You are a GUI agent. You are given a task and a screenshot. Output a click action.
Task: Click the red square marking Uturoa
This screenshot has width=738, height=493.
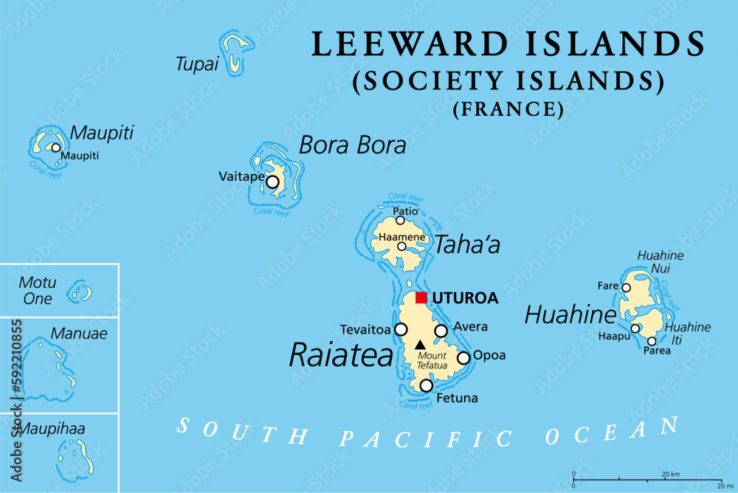(421, 297)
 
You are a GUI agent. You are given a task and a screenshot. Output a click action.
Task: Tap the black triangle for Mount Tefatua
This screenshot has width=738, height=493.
(420, 344)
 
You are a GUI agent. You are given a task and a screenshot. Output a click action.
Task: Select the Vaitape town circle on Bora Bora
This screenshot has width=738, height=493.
(273, 182)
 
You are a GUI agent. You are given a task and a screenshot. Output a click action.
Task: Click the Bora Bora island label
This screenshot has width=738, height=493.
(352, 145)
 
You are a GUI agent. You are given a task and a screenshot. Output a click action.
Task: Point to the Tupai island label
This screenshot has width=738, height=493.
(197, 64)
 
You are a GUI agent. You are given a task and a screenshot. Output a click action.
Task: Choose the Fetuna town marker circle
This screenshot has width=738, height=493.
(426, 385)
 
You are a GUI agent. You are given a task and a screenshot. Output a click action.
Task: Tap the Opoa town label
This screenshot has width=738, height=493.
(489, 355)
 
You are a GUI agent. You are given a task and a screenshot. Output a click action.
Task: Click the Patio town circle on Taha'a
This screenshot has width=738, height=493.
(400, 220)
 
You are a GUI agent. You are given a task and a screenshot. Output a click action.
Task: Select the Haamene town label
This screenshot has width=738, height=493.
(401, 237)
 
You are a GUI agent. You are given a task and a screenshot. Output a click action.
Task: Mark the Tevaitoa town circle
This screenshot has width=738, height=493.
(401, 329)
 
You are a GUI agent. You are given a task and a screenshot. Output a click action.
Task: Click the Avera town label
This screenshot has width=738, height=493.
(471, 327)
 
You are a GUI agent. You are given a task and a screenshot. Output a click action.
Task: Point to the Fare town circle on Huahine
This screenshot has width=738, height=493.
(626, 288)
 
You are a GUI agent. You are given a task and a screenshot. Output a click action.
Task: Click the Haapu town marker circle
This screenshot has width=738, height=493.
(635, 329)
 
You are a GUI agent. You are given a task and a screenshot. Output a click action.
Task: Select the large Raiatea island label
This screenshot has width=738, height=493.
(341, 355)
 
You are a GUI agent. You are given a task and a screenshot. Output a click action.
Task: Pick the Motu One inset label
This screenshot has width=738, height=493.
(37, 291)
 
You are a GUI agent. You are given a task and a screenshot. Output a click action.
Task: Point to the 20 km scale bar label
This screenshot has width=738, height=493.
(670, 473)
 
